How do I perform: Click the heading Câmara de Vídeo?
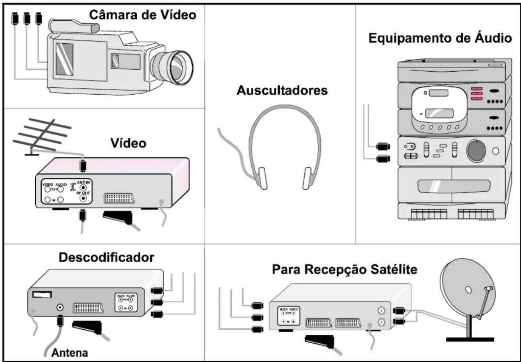click(x=143, y=15)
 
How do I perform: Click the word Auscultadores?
click(x=283, y=91)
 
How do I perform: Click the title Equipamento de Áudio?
click(x=440, y=38)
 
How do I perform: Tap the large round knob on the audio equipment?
click(x=476, y=151)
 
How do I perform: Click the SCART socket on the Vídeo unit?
click(x=119, y=198)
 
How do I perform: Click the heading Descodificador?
click(x=106, y=258)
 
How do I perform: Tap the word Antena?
click(x=70, y=353)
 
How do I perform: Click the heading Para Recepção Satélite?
click(x=344, y=269)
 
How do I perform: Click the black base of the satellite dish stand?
click(x=470, y=340)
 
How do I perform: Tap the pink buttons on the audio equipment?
click(x=477, y=94)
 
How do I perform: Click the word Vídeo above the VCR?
click(x=128, y=143)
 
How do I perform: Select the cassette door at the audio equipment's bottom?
click(x=452, y=186)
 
